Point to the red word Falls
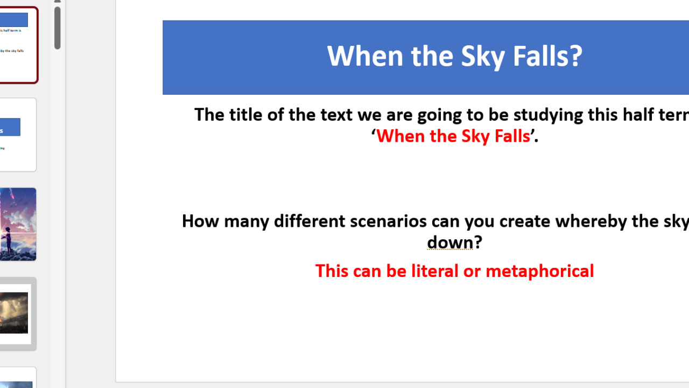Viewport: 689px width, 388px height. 509,136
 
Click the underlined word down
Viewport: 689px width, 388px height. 450,242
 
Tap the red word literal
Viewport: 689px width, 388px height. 435,271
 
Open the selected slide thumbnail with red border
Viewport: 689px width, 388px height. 17,45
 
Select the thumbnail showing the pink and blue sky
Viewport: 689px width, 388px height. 17,224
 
